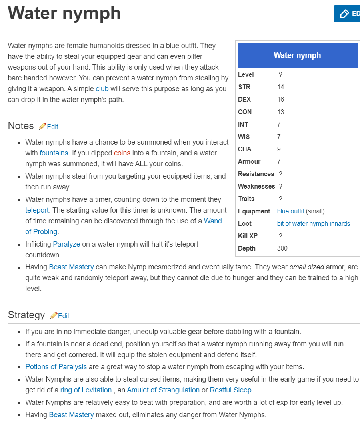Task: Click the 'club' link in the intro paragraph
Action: point(102,89)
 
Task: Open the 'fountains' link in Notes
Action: point(54,153)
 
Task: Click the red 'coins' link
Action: point(122,153)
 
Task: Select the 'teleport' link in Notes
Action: point(37,210)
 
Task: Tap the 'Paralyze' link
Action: point(66,244)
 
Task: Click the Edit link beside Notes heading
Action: point(52,127)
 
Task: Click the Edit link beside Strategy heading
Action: point(64,316)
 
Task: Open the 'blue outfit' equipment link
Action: point(290,211)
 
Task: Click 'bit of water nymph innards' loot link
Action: point(313,223)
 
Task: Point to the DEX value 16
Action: point(280,99)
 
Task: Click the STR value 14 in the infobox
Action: point(280,87)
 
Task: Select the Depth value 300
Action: point(282,248)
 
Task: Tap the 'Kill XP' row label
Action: point(248,236)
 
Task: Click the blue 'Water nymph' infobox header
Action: point(297,56)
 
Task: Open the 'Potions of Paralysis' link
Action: point(56,367)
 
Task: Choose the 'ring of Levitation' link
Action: point(86,390)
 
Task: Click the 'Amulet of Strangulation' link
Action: point(163,390)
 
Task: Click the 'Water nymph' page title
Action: point(64,13)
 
